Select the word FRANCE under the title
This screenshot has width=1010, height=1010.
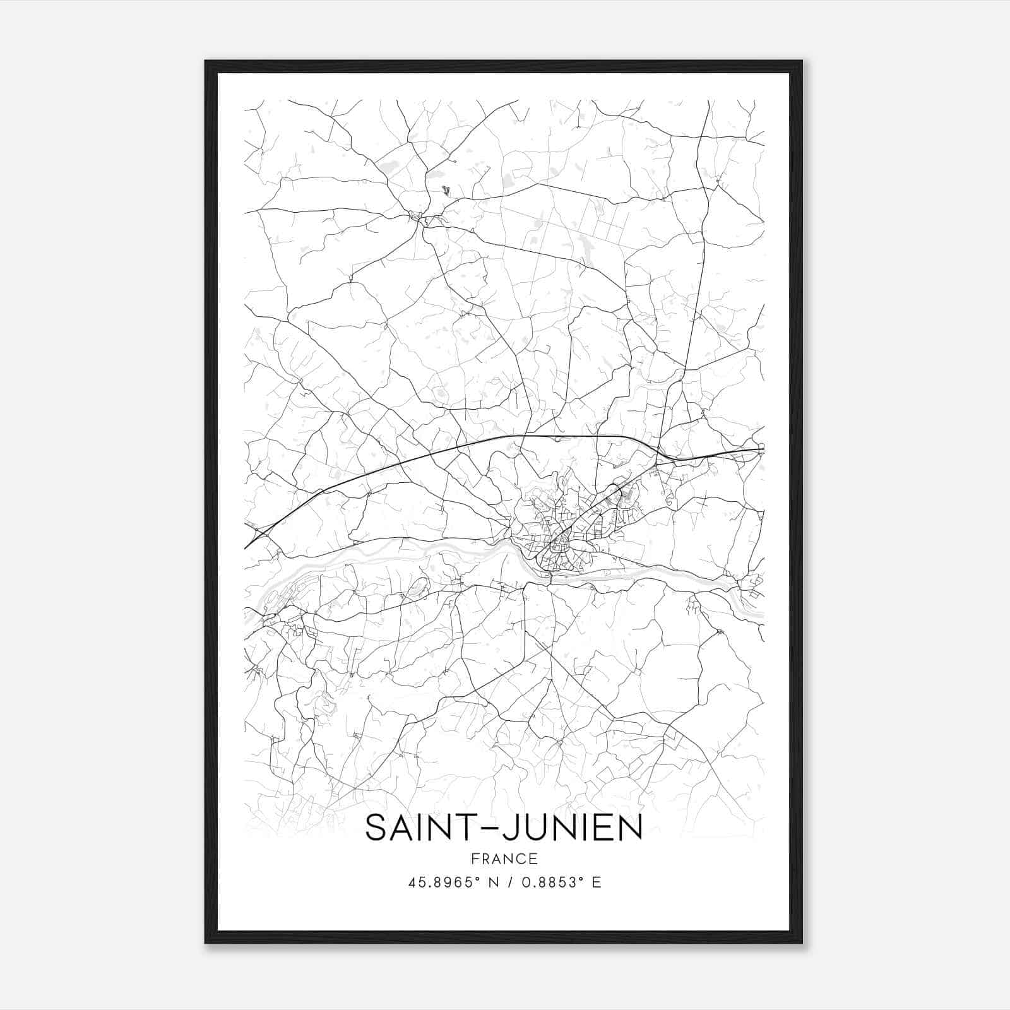coord(504,858)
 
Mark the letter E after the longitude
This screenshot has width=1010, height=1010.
coord(597,882)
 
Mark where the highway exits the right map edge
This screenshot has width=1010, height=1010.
coord(763,449)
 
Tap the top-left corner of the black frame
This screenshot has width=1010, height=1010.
coord(206,61)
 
